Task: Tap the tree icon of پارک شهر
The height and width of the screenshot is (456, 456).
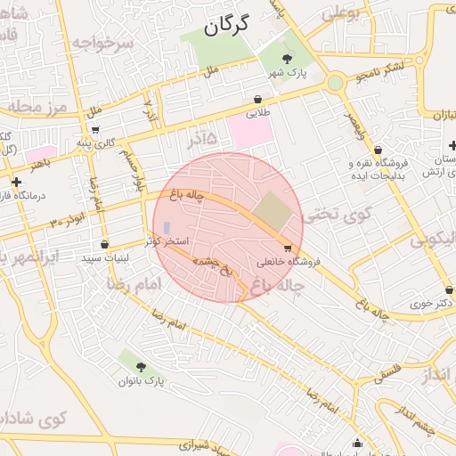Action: (285, 58)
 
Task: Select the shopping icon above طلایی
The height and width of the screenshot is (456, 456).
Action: (257, 100)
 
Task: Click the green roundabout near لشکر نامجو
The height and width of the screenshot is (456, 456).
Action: (335, 83)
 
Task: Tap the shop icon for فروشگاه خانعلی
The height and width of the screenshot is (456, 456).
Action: (288, 248)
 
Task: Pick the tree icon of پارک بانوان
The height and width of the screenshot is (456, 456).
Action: (141, 366)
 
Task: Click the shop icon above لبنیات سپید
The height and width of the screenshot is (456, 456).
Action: (105, 244)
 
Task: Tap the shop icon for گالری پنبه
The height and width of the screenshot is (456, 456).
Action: (94, 129)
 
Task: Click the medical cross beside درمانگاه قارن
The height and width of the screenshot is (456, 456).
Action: (16, 183)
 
